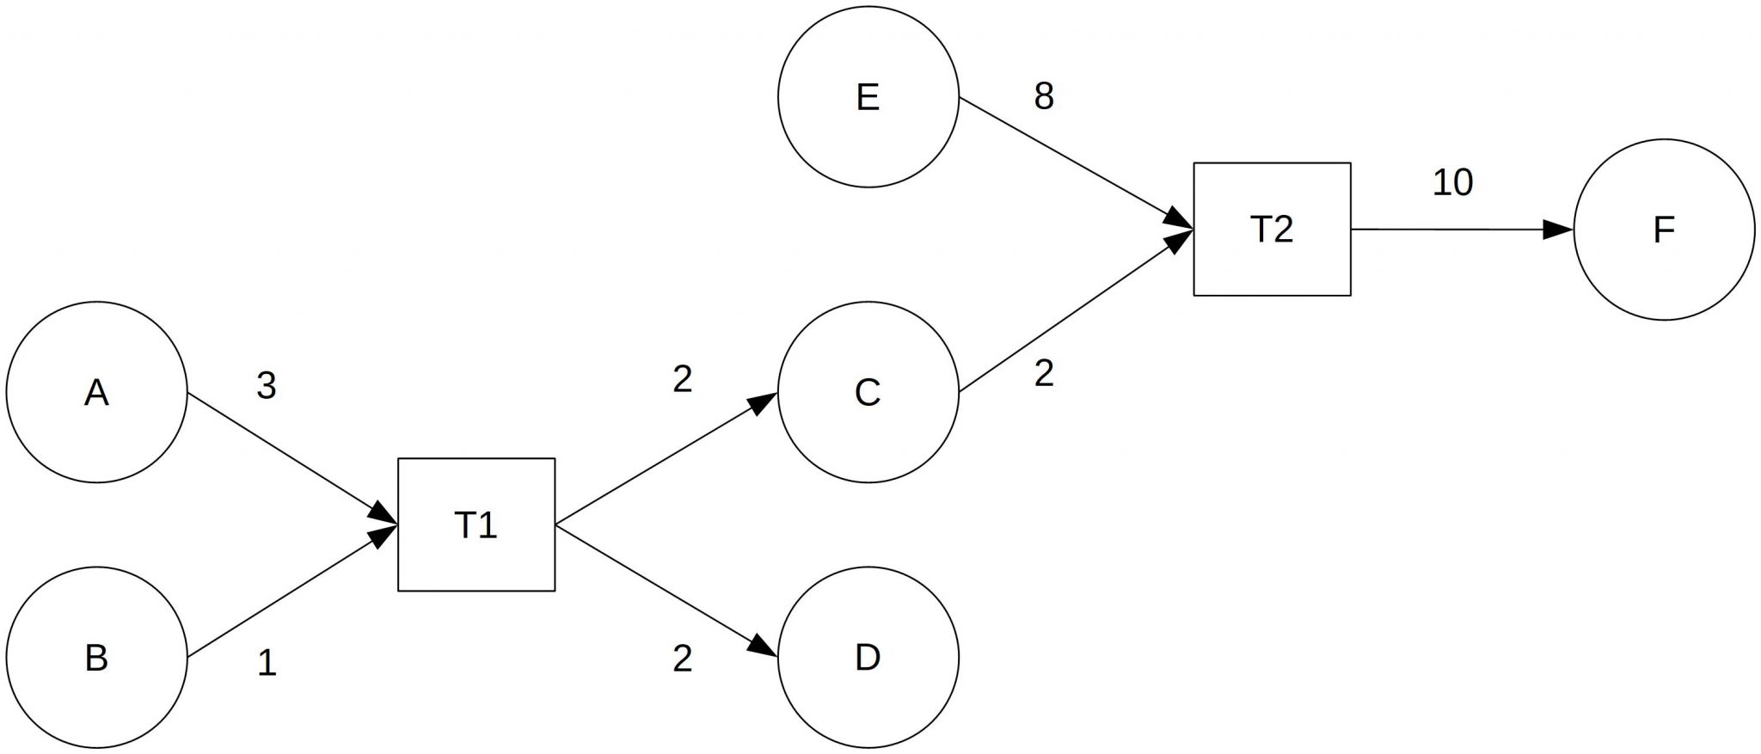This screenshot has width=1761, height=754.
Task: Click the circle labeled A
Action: click(96, 392)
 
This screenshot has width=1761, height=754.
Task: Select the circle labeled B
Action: click(96, 658)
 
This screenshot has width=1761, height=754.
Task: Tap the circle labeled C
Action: click(868, 392)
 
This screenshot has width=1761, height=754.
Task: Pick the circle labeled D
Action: click(868, 658)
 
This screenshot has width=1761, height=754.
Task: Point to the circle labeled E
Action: click(868, 96)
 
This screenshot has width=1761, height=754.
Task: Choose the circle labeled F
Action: click(1664, 230)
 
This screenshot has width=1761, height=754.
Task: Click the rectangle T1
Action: click(476, 524)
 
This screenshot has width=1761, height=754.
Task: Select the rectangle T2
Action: click(1272, 230)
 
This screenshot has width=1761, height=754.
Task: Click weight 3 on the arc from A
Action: click(267, 387)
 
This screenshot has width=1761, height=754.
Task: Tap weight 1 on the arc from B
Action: click(267, 664)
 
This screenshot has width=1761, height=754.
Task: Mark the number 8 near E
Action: click(1044, 96)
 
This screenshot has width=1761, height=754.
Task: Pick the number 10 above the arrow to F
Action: click(1452, 182)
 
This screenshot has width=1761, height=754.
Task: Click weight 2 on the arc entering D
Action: click(683, 659)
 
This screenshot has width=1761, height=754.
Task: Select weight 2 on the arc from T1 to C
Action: click(683, 379)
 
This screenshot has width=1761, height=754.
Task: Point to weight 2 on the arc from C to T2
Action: click(1044, 374)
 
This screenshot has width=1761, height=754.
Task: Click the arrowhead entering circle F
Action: click(1558, 230)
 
